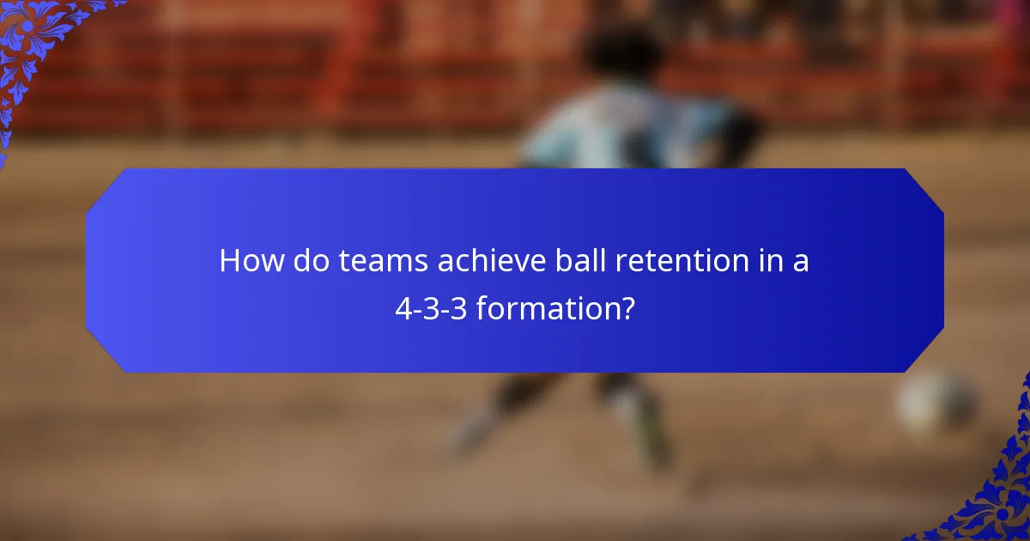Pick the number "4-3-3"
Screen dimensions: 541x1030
(431, 308)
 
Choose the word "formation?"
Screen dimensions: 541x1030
(555, 308)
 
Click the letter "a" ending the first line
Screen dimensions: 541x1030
(800, 263)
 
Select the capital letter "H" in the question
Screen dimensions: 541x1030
(229, 261)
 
